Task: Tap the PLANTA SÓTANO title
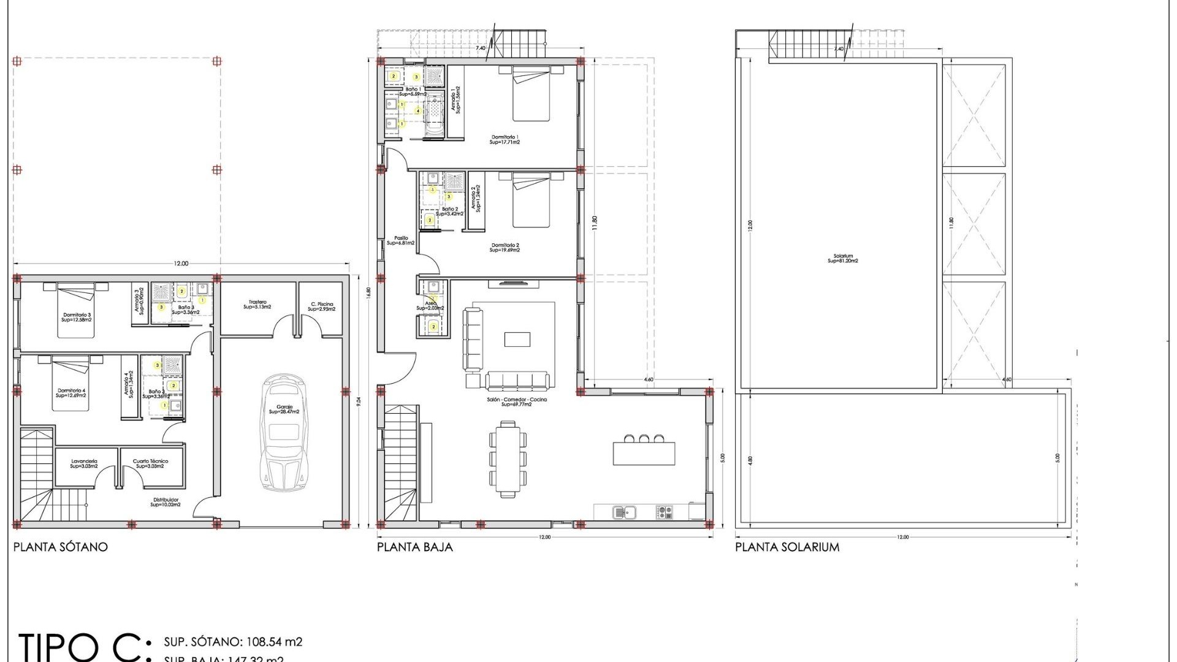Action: point(61,547)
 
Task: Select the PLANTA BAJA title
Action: point(415,547)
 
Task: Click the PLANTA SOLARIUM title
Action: point(787,547)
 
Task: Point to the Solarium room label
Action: point(843,259)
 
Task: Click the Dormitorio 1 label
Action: point(505,140)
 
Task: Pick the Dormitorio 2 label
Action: point(505,248)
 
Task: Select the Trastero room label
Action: point(257,304)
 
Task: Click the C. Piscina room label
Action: point(322,306)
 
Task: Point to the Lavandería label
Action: point(84,463)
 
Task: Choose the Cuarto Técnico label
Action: point(150,463)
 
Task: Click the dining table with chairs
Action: point(508,458)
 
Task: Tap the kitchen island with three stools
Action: point(644,452)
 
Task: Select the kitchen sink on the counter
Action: point(625,511)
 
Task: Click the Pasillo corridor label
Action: point(401,240)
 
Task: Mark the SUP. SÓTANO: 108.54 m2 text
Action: point(233,642)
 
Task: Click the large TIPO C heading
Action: point(83,647)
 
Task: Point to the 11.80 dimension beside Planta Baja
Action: point(594,223)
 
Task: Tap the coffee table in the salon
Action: point(517,339)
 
